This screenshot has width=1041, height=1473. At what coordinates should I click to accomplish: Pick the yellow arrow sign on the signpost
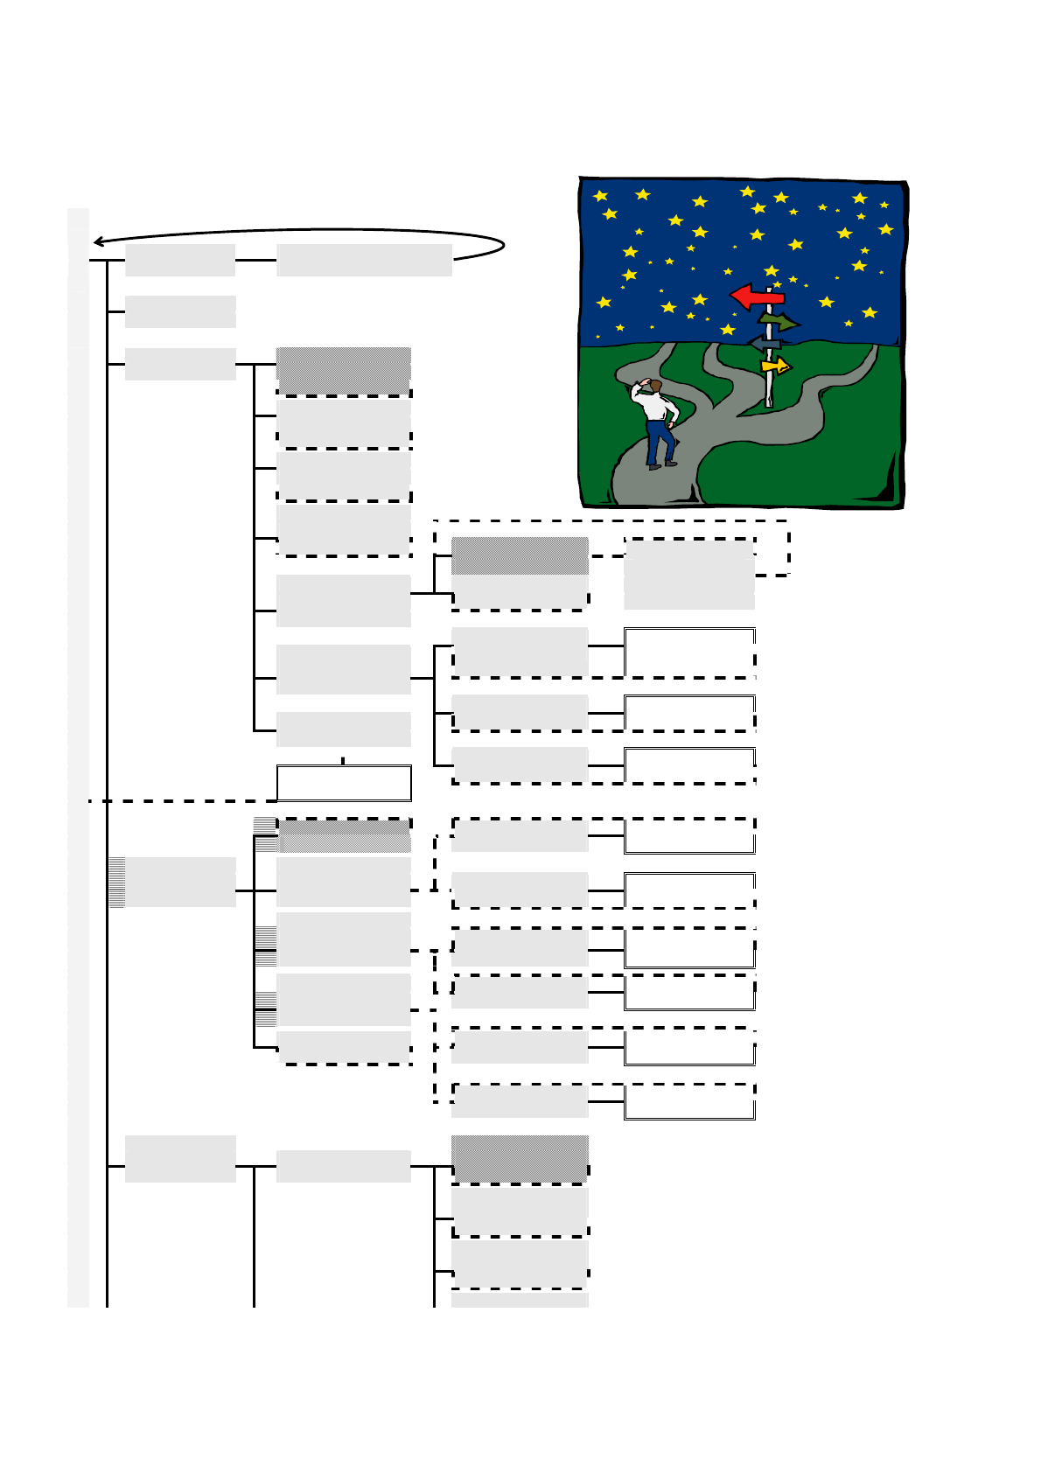coord(776,366)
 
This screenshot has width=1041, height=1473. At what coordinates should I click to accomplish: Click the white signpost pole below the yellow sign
coord(769,390)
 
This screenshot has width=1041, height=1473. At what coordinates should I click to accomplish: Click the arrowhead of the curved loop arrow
coord(99,241)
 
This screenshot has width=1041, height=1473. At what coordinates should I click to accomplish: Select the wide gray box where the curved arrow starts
coord(364,260)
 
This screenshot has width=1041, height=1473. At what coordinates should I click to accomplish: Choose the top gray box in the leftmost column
coord(180,260)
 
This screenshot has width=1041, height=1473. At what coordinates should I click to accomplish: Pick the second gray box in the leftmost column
coord(180,311)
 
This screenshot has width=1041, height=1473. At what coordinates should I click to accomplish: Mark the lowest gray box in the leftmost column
coord(180,1159)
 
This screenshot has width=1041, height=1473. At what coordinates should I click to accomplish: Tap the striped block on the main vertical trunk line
coord(116,882)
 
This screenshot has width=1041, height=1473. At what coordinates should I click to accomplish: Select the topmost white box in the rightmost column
coord(689,652)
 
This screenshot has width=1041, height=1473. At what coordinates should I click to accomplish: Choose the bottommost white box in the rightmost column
coord(689,1102)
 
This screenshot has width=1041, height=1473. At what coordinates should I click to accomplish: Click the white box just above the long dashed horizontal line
coord(344,783)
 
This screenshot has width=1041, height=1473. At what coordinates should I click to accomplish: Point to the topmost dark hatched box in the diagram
coord(344,369)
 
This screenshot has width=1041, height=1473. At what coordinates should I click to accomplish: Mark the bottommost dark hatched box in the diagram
coord(520,1158)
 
